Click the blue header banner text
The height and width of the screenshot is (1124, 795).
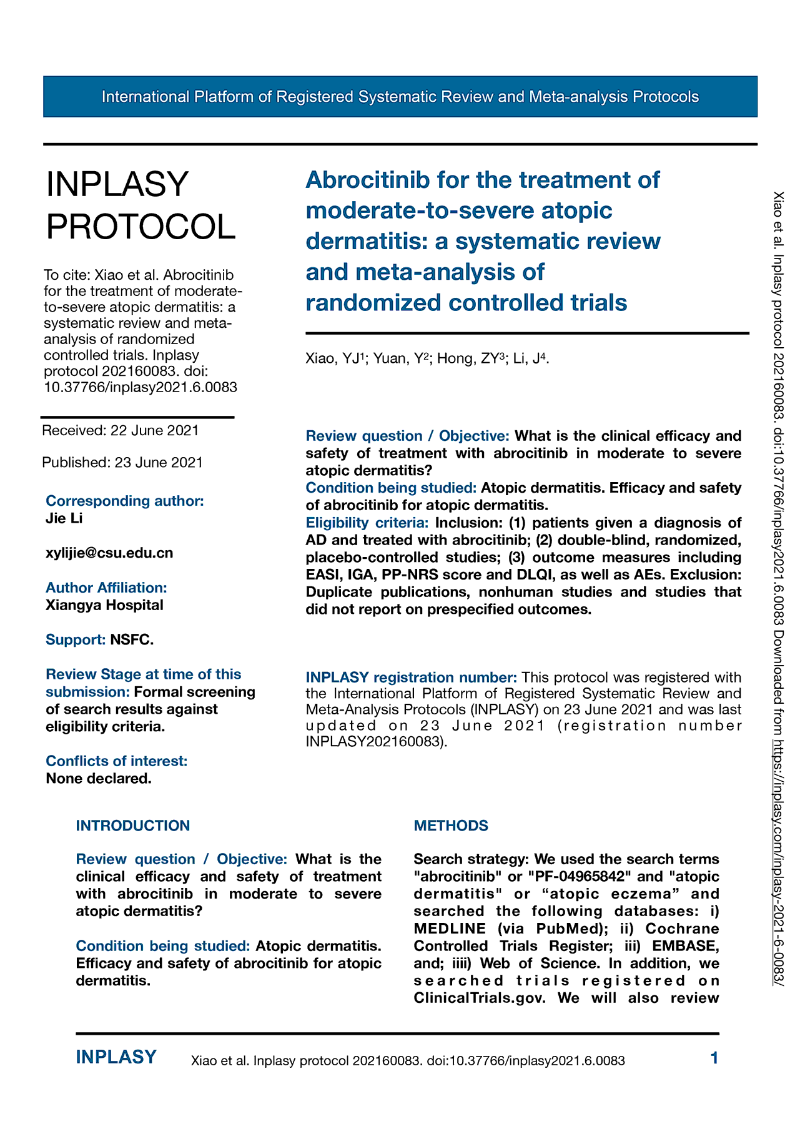(400, 97)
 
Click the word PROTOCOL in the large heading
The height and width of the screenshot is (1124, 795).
(141, 226)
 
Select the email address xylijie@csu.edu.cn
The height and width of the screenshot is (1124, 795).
(109, 553)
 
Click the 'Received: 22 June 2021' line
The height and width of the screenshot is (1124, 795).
(121, 430)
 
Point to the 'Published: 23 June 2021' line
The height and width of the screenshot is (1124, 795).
(122, 462)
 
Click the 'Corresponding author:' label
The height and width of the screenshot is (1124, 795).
(125, 501)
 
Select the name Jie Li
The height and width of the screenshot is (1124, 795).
(64, 518)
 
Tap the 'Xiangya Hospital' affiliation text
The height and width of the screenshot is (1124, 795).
(104, 605)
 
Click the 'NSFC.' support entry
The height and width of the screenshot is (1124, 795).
(132, 639)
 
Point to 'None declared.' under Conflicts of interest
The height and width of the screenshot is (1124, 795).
(99, 779)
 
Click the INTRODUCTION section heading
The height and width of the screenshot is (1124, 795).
(133, 826)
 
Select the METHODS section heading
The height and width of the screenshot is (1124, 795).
(451, 826)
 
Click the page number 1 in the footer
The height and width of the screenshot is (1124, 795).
(714, 1058)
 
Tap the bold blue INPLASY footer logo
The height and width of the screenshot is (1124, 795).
(116, 1057)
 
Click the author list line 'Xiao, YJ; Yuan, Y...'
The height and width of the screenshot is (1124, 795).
(427, 358)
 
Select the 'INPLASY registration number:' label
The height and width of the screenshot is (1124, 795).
(411, 678)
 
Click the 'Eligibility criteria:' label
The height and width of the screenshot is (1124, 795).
(367, 522)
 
